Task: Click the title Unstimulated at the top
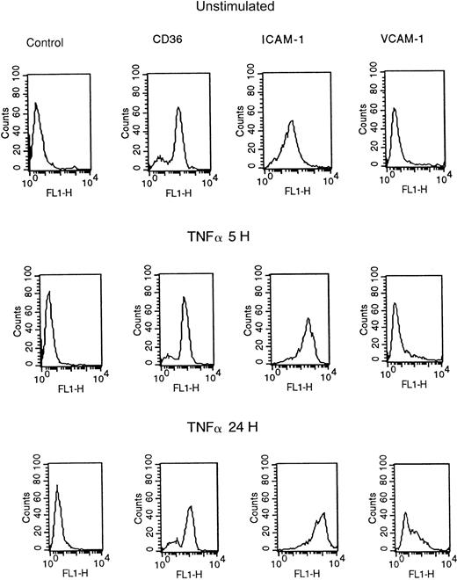pos(230,8)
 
